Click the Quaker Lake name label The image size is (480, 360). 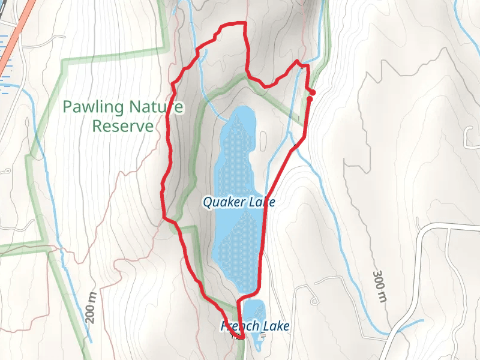239,202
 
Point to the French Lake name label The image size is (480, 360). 256,326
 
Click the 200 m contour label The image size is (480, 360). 91,308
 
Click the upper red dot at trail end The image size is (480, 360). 313,92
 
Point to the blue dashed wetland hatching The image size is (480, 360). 5,60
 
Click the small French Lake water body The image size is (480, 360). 253,312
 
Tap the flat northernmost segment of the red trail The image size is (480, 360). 234,23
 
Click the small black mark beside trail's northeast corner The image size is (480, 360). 302,67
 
